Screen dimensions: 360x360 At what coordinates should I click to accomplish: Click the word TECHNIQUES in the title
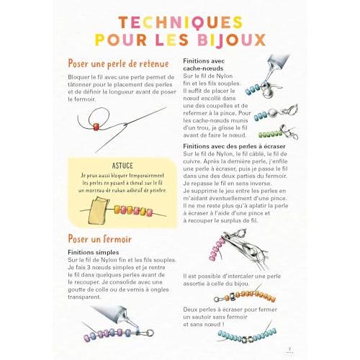point(181,22)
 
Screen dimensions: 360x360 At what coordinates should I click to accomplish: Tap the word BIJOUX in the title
point(232,40)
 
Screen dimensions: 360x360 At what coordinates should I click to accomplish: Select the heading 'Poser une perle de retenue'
point(119,64)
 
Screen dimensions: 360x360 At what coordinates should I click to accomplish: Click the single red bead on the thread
point(96,127)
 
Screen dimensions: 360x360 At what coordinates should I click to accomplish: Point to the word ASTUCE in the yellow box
point(122,166)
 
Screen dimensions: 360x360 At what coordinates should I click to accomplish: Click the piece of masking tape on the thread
point(99,210)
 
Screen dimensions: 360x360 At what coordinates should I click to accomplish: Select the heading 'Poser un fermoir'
point(100,239)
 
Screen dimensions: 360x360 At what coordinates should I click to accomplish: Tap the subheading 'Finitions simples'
point(94,253)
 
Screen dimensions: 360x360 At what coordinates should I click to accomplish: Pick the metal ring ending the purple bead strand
point(150,333)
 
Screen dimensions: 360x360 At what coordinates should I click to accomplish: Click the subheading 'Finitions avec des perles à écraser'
point(234,146)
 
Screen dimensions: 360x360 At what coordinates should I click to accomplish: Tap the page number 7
point(289,349)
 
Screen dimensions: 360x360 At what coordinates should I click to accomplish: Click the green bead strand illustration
point(270,134)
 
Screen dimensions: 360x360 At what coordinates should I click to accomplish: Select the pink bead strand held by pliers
point(217,248)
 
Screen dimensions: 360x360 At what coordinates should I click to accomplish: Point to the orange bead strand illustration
point(254,296)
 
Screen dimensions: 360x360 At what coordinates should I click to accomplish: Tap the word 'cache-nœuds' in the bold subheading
point(203,68)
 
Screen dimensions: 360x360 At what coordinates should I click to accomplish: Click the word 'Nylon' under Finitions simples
point(109,260)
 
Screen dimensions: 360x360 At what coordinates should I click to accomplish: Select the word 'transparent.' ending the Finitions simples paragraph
point(85,297)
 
